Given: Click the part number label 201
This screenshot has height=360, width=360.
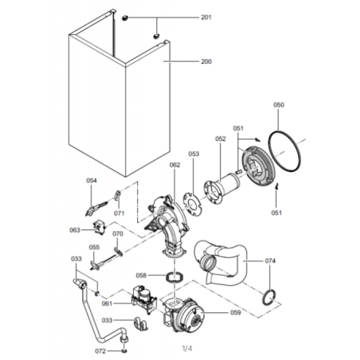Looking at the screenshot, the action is click(x=206, y=18).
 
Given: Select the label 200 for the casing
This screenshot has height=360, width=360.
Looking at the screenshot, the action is click(x=206, y=61).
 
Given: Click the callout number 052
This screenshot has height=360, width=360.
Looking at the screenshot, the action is click(x=221, y=139).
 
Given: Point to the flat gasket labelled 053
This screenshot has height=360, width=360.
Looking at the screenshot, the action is click(x=186, y=202).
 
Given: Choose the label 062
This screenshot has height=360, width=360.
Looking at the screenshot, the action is click(x=174, y=165).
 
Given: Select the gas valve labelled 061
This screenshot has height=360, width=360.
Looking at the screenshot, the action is click(x=143, y=300).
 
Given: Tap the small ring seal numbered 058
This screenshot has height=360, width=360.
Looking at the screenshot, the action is click(x=174, y=278).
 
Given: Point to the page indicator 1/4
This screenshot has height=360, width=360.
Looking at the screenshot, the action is click(x=187, y=348).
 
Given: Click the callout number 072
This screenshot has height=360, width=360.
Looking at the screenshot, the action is click(x=100, y=351).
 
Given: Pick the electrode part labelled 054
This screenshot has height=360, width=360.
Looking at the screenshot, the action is click(x=96, y=208).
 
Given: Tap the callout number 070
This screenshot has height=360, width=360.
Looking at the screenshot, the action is click(x=118, y=233).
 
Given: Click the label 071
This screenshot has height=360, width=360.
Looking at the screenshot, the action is click(x=119, y=213).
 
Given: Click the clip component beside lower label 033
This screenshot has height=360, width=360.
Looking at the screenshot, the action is click(x=141, y=323).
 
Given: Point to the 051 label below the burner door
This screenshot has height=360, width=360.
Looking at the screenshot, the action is click(x=276, y=213).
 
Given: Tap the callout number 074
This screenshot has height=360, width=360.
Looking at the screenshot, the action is click(x=270, y=261).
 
